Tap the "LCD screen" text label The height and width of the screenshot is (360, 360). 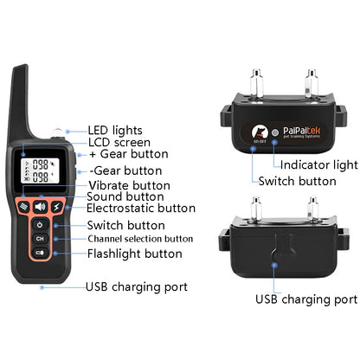(x=119, y=142)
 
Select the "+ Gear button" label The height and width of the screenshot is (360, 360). (x=120, y=155)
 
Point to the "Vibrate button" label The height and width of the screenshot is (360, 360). (x=130, y=184)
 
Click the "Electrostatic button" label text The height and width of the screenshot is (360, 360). (x=141, y=208)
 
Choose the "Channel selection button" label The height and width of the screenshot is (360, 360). (x=140, y=238)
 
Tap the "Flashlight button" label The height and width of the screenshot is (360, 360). (x=134, y=254)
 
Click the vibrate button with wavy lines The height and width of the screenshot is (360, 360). (x=24, y=206)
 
